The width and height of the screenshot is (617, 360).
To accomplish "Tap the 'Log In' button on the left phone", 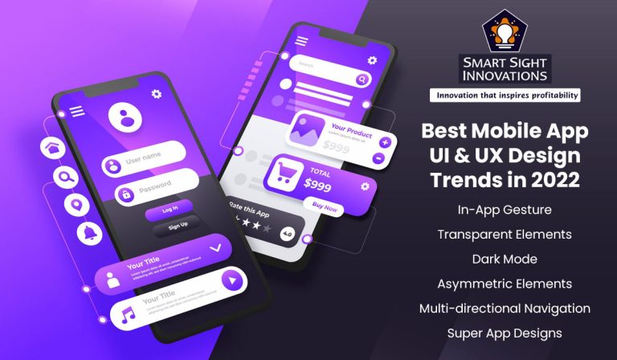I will (x=170, y=210).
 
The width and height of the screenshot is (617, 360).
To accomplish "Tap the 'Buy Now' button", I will (x=325, y=208).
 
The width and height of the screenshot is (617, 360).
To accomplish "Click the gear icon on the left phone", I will (x=156, y=94).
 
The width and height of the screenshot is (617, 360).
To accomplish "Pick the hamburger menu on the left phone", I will (x=77, y=112).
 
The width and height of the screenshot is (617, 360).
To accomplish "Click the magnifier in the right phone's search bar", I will (x=363, y=80).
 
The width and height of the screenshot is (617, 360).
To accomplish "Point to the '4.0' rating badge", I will (x=287, y=234).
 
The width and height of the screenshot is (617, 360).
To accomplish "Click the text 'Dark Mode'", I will (x=505, y=260).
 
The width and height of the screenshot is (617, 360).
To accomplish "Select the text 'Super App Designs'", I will (x=505, y=332).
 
